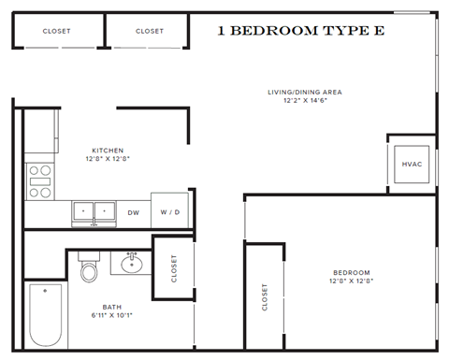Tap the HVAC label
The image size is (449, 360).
pyautogui.click(x=412, y=165)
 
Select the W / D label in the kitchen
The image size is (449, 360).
pyautogui.click(x=169, y=212)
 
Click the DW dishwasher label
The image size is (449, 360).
pyautogui.click(x=134, y=212)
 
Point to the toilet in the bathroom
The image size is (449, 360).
pyautogui.click(x=90, y=270)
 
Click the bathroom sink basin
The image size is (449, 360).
pyautogui.click(x=132, y=265)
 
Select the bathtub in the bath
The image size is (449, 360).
pyautogui.click(x=45, y=315)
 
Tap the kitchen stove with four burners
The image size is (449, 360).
pyautogui.click(x=39, y=181)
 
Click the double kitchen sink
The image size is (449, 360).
pyautogui.click(x=94, y=211)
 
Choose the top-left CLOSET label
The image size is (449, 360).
pyautogui.click(x=57, y=31)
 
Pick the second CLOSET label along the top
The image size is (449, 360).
pyautogui.click(x=149, y=31)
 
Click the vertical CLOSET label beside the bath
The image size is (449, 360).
pyautogui.click(x=174, y=268)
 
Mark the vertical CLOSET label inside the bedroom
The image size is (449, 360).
pyautogui.click(x=265, y=298)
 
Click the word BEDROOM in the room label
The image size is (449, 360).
pyautogui.click(x=352, y=272)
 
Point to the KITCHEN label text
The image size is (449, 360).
pyautogui.click(x=107, y=150)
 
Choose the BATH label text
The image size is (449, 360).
pyautogui.click(x=111, y=306)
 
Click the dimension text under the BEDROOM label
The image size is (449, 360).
pyautogui.click(x=352, y=281)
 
